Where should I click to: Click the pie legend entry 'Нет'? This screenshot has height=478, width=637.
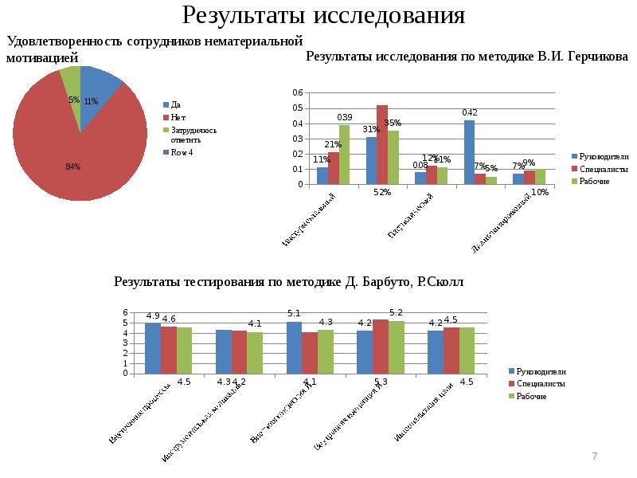[178, 117]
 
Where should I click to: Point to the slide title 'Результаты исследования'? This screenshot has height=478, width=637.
[323, 16]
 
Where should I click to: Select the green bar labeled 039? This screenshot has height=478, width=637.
[344, 155]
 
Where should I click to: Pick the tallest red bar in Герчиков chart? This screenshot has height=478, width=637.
[382, 144]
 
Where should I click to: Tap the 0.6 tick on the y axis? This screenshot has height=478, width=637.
[298, 93]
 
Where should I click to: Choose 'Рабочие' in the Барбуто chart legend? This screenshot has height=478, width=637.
[531, 396]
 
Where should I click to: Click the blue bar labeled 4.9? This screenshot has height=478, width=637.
[152, 347]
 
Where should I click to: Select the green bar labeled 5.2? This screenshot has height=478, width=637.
[396, 347]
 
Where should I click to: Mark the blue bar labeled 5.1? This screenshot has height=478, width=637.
[294, 347]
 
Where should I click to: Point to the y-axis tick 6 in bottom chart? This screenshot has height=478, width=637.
[125, 311]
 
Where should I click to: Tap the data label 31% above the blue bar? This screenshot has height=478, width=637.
[371, 129]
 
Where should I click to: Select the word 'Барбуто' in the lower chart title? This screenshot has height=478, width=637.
[371, 282]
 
